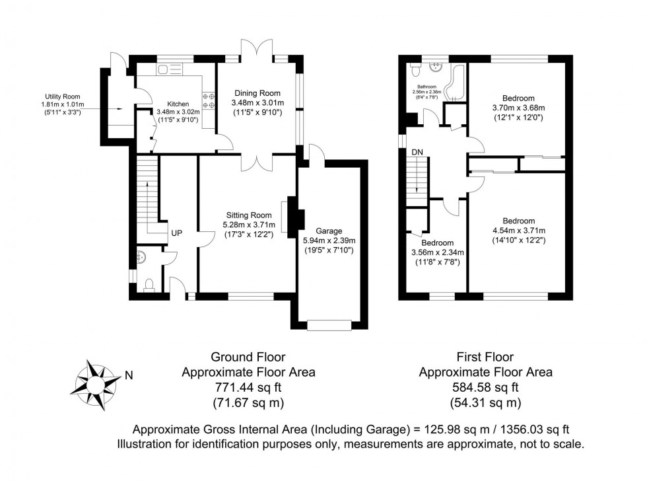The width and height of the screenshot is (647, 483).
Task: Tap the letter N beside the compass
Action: tap(129, 376)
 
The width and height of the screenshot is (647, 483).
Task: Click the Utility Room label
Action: tap(63, 96)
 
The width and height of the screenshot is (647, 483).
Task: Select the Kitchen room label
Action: tap(178, 104)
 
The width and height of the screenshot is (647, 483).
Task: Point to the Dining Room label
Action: tap(257, 93)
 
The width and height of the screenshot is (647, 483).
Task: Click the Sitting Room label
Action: tap(249, 215)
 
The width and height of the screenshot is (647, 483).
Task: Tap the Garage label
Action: tap(329, 231)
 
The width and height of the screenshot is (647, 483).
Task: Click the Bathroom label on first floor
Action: tap(426, 87)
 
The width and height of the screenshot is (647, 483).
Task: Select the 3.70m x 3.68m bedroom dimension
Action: tap(519, 108)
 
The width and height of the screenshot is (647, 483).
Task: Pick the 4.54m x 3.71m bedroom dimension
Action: tap(519, 231)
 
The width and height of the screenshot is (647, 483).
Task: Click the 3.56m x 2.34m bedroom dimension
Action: tap(437, 252)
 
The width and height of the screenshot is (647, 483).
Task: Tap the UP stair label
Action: tap(177, 233)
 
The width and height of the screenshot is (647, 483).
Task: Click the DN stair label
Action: tap(417, 152)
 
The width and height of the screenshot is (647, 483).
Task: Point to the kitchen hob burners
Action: tap(209, 100)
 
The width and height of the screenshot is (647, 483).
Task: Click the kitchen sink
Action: tap(169, 70)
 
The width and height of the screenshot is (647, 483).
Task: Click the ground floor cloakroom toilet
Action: tap(149, 285)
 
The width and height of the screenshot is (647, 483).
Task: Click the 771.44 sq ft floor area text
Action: tap(248, 387)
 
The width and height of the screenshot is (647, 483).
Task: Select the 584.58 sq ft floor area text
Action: tap(485, 387)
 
